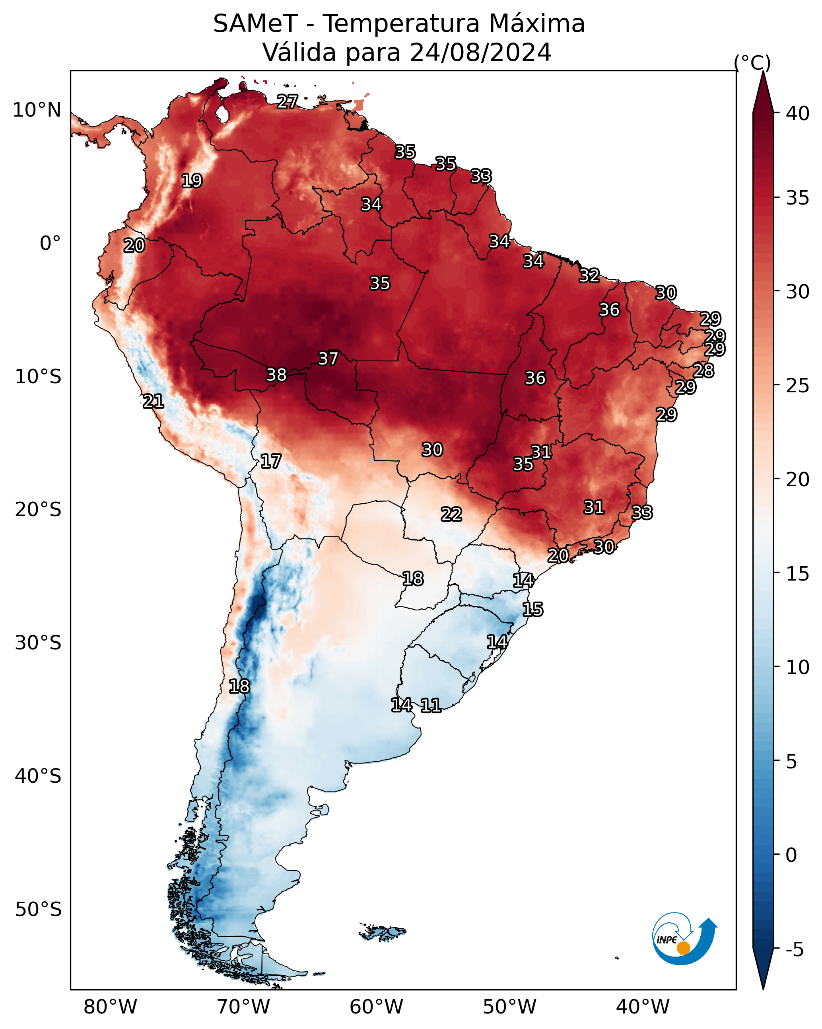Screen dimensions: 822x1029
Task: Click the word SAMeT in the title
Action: coord(255,24)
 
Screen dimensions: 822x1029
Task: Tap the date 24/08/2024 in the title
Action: coord(480,53)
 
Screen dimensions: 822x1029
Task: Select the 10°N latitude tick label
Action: coord(37,110)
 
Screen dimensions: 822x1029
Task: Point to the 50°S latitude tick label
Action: coord(38,910)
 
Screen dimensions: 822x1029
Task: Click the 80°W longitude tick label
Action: coord(110,1007)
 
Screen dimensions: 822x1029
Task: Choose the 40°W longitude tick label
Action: coord(643,1007)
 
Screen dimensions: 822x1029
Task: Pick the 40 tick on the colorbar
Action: coord(798,113)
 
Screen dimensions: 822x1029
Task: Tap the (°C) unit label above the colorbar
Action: coord(752,63)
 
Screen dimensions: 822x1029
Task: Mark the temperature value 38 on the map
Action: coord(276,375)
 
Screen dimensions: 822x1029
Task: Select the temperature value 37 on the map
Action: coord(328,359)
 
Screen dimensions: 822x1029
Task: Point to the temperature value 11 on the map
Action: coord(430,705)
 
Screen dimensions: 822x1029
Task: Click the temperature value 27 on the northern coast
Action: coord(288,101)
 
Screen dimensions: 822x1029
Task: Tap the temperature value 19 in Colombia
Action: coord(192,181)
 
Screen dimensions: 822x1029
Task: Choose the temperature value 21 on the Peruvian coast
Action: coord(153,401)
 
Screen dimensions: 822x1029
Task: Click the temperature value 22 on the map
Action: coord(451,514)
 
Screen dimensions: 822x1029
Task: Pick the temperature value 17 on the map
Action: coord(270,462)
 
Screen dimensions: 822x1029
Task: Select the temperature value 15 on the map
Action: coord(532,610)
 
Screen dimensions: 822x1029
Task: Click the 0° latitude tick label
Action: coord(50,244)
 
